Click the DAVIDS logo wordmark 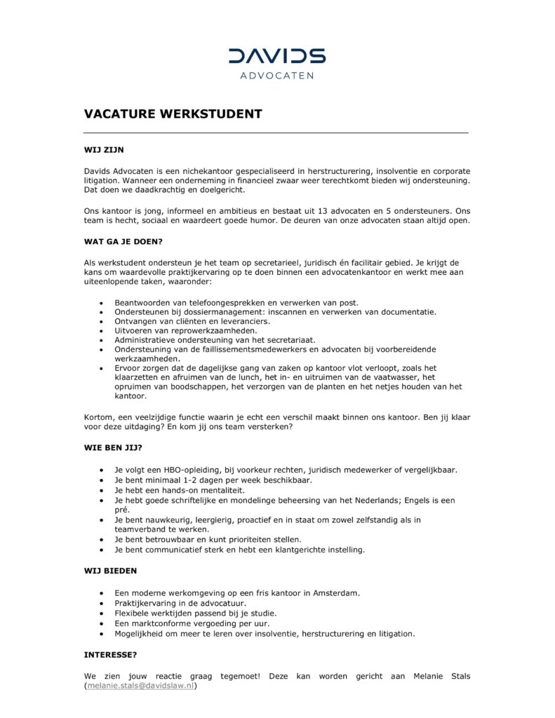point(277,56)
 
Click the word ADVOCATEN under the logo point(277,76)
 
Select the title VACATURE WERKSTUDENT point(173,114)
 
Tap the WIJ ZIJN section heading point(104,149)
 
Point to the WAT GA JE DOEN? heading point(123,242)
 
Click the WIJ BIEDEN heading point(110,571)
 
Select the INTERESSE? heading point(110,654)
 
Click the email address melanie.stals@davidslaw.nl point(140,686)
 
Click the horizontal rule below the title point(276,133)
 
